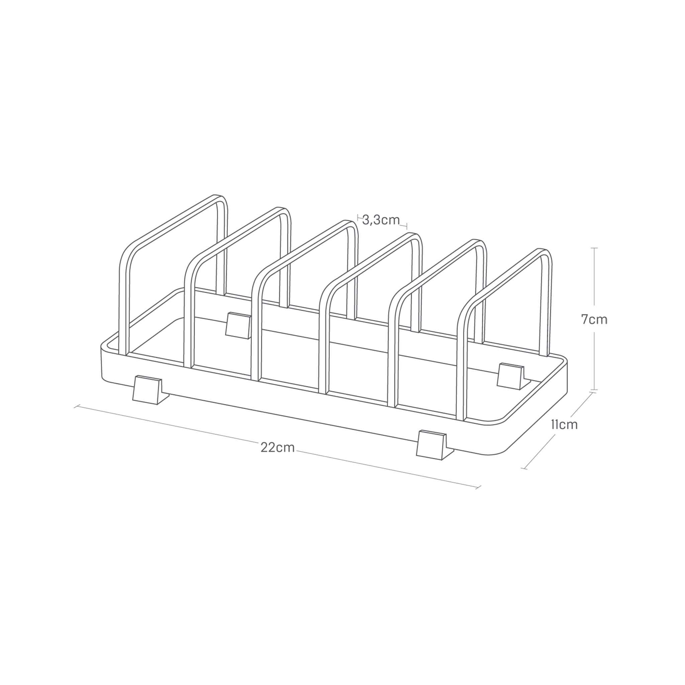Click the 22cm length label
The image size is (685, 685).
[278, 448]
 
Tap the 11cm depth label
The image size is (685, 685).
[565, 424]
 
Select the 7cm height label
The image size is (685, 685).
[594, 319]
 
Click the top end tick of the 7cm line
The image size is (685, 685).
[595, 248]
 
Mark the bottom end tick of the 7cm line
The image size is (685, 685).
[595, 390]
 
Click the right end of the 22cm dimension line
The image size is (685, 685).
[478, 488]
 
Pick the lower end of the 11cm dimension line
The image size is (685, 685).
[524, 469]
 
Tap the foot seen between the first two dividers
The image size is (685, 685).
[238, 325]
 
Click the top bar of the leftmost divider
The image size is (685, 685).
[174, 218]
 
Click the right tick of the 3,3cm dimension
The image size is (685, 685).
[407, 226]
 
